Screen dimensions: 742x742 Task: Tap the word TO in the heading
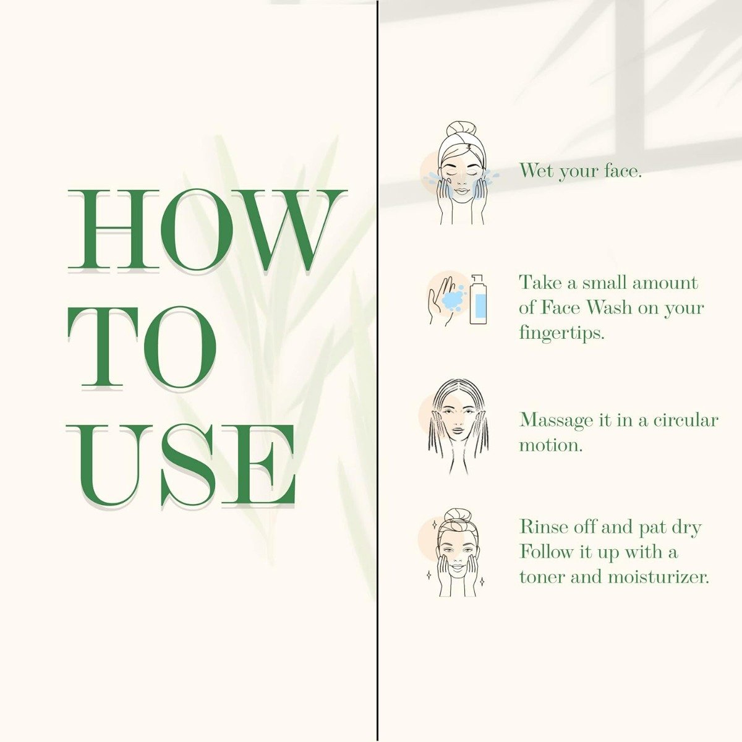coord(142,347)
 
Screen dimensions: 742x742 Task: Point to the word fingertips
coord(562,333)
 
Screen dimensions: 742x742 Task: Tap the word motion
coord(551,445)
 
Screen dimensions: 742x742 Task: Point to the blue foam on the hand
coord(454,299)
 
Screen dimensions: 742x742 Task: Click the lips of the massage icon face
coord(458,430)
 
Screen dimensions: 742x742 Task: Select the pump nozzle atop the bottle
coord(477,279)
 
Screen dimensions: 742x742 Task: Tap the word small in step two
coord(604,283)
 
